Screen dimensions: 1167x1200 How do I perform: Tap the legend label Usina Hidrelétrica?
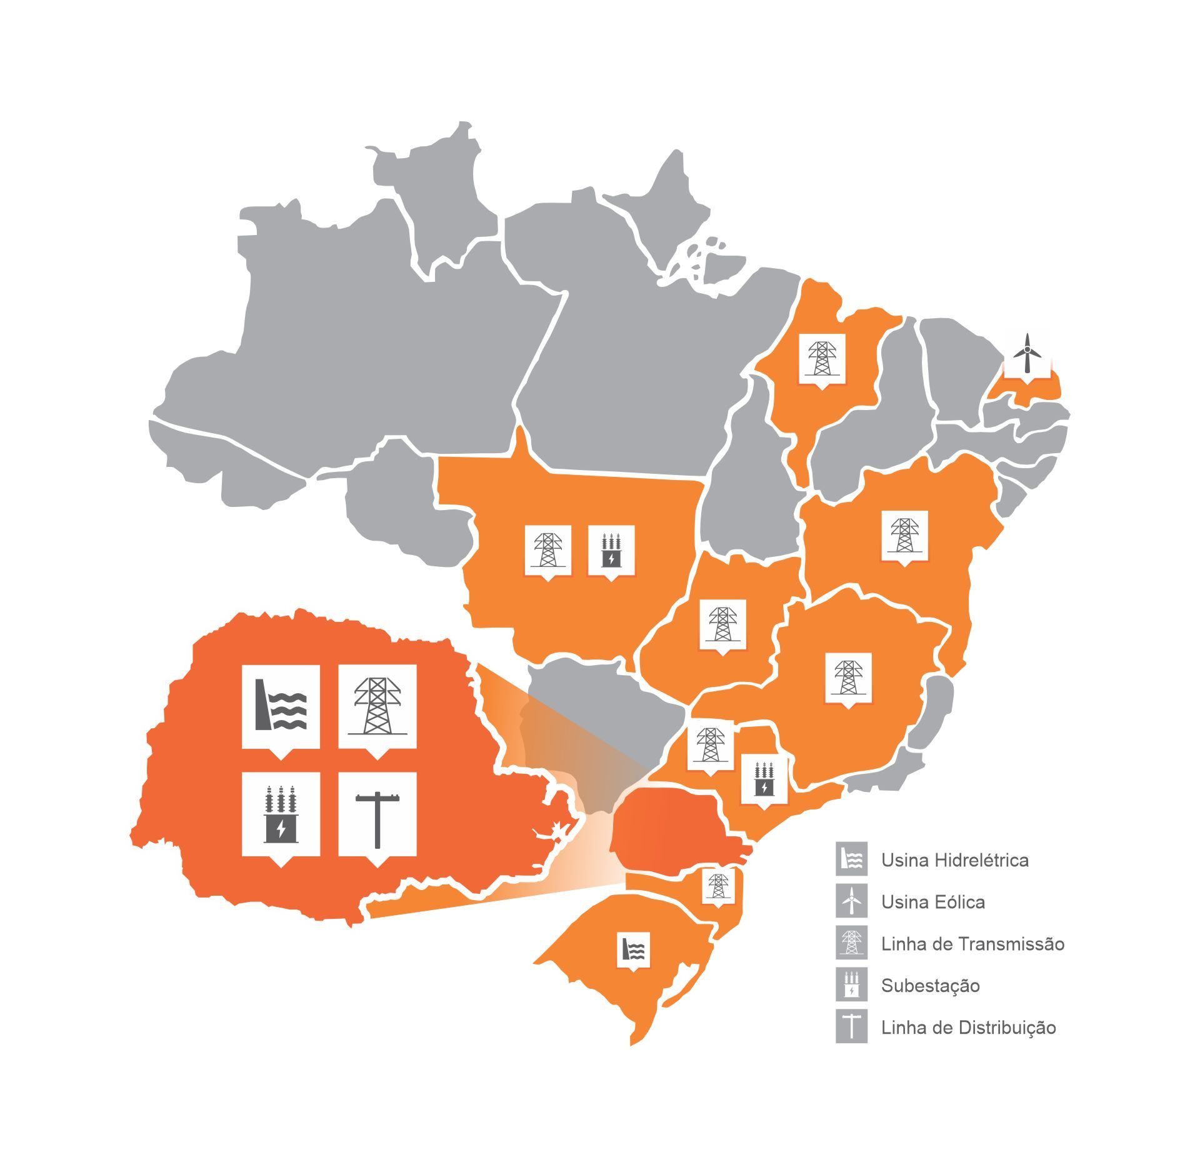point(954,860)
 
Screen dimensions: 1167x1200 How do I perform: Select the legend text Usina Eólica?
point(932,902)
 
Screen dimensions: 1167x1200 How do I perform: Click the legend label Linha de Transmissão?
point(972,944)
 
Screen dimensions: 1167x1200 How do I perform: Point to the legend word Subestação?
point(930,986)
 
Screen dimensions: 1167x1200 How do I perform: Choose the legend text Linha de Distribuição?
point(968,1028)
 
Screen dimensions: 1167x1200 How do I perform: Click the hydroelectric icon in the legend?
point(851,859)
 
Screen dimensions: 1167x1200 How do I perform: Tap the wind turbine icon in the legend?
point(851,901)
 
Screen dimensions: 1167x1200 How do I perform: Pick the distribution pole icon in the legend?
point(851,1027)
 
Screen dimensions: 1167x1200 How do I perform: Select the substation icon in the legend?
point(851,985)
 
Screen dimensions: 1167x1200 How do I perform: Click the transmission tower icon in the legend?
point(851,943)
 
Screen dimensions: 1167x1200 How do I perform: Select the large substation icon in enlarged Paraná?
point(281,814)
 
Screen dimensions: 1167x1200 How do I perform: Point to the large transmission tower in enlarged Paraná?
point(377,706)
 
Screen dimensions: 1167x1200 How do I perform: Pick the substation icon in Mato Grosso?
point(611,549)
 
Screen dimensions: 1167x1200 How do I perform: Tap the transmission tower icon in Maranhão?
point(822,358)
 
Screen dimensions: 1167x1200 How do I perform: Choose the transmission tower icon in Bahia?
point(904,535)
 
